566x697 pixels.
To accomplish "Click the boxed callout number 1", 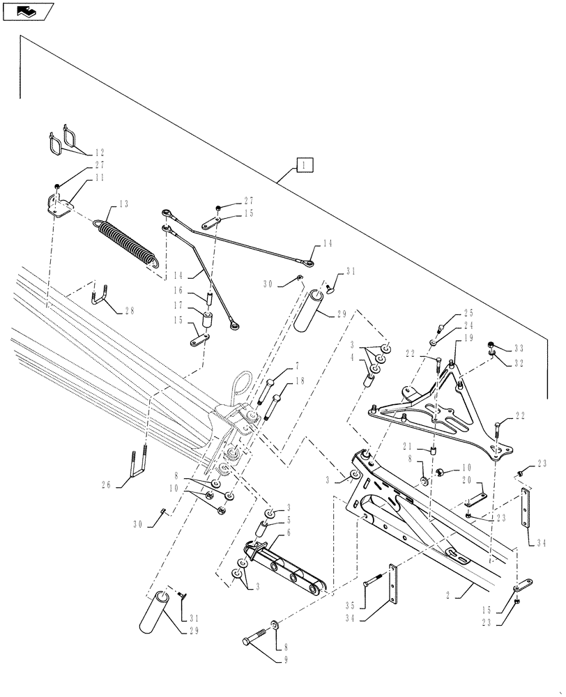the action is pyautogui.click(x=305, y=165).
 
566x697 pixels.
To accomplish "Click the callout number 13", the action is pyautogui.click(x=123, y=204).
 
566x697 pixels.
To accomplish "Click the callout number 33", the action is pyautogui.click(x=518, y=348).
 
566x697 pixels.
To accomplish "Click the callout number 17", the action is pyautogui.click(x=178, y=305).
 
